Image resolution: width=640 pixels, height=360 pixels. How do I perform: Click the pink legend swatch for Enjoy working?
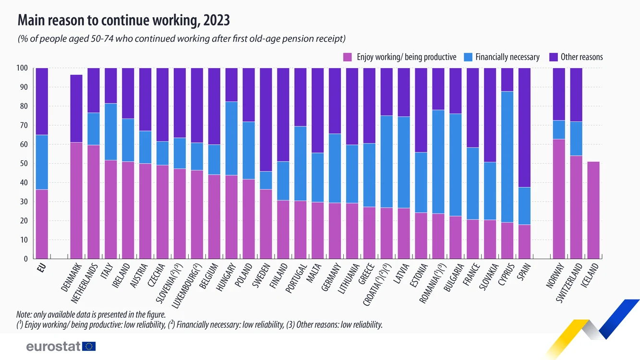(x=348, y=57)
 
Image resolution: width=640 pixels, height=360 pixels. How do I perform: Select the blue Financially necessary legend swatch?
(x=468, y=57)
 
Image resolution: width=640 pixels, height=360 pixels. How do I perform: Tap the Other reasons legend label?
(x=582, y=57)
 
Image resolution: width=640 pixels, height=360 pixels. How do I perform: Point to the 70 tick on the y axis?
(x=24, y=125)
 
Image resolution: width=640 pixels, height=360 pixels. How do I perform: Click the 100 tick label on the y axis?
(x=22, y=68)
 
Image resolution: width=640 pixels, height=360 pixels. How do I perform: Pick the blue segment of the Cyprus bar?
(x=507, y=157)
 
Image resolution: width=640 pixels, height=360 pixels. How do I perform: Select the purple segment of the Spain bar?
(x=524, y=128)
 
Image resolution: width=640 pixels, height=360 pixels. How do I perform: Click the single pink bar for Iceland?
(x=593, y=210)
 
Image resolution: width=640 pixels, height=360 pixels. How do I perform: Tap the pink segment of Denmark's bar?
(x=76, y=201)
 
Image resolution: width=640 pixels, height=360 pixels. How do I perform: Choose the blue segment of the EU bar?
(x=42, y=162)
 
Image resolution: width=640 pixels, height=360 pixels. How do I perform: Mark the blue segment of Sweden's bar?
(x=266, y=180)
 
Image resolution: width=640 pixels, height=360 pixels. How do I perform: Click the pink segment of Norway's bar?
(x=559, y=199)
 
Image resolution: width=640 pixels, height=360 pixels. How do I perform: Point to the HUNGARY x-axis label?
(x=226, y=277)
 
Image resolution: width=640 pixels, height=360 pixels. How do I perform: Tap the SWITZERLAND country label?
(x=569, y=283)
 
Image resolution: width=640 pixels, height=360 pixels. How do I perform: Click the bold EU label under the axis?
(x=42, y=268)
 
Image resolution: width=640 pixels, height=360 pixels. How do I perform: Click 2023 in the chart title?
(x=217, y=20)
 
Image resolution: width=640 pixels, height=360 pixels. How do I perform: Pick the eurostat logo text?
(x=53, y=346)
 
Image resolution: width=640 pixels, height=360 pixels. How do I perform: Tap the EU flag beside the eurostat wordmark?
(x=89, y=346)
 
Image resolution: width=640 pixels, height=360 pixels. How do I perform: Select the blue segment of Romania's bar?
(x=438, y=162)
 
